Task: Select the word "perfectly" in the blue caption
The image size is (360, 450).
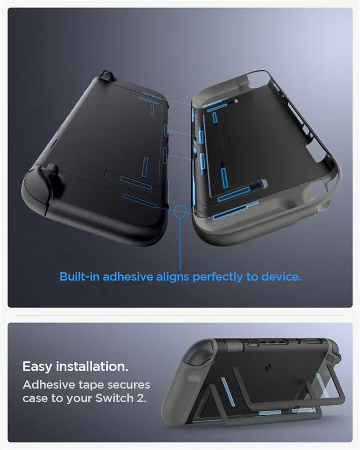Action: pos(218,277)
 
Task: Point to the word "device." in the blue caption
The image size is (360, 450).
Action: pos(281,277)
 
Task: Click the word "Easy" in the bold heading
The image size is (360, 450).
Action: pos(37,367)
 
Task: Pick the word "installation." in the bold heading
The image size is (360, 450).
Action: pos(92,366)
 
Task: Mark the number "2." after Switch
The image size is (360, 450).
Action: pos(142,398)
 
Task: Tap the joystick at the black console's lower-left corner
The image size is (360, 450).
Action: pos(52,170)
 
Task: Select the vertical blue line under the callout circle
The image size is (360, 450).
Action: pos(181,244)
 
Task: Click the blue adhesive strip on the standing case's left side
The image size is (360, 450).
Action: pos(228,391)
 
